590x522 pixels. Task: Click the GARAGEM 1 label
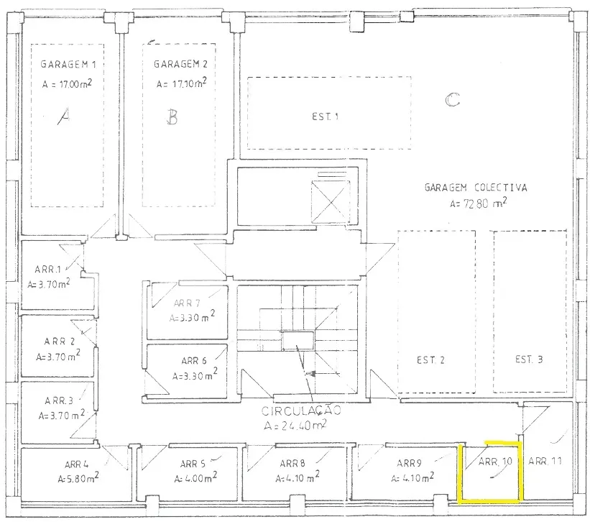(68, 64)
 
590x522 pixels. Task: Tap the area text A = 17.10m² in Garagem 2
(181, 83)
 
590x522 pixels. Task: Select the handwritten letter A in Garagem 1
(64, 116)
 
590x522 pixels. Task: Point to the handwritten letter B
(172, 116)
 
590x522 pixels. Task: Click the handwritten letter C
(452, 100)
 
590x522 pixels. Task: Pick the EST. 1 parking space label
(325, 116)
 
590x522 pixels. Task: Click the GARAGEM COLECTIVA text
(476, 188)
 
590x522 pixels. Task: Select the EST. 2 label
(430, 360)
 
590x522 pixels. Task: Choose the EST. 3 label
(529, 360)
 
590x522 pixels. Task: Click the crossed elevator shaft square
(331, 202)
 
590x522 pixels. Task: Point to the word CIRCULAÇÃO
(301, 411)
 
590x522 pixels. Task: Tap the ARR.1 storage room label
(47, 270)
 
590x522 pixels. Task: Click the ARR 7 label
(187, 303)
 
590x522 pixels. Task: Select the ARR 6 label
(194, 360)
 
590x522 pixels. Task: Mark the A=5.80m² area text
(78, 478)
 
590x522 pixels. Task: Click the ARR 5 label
(193, 464)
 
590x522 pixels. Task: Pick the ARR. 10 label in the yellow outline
(495, 462)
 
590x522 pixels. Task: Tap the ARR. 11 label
(545, 461)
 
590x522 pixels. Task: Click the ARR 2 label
(59, 342)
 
